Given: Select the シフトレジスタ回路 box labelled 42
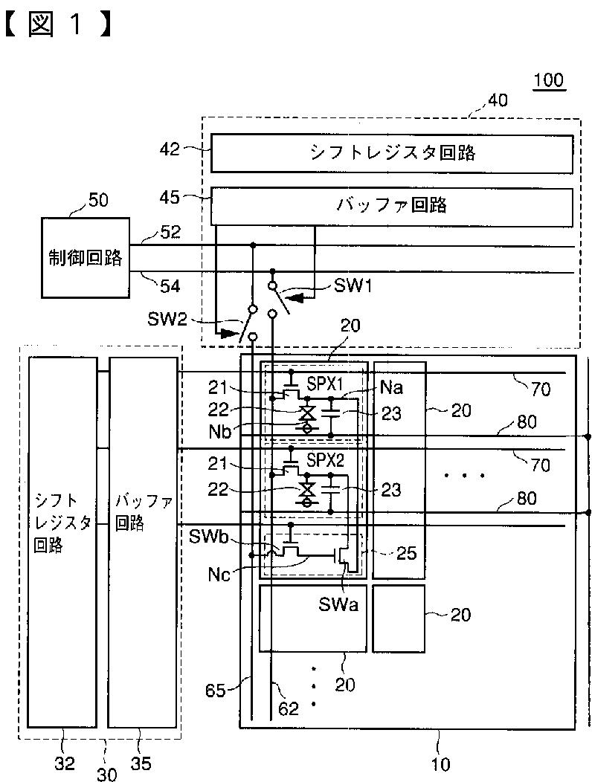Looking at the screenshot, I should tap(392, 153).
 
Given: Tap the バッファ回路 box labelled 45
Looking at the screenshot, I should tap(392, 205).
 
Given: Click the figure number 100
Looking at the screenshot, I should tap(549, 81).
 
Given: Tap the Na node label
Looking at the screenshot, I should tap(392, 388).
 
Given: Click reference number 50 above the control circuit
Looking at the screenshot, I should tap(97, 200).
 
